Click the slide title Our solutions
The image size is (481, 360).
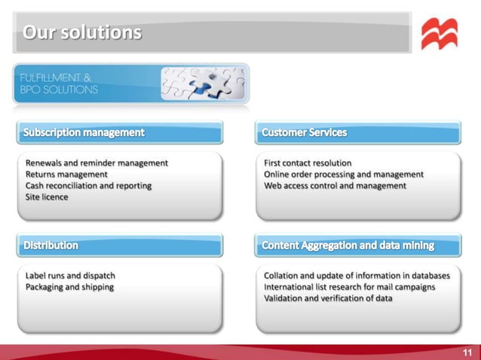click(x=82, y=33)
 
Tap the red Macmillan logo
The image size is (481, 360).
click(x=439, y=35)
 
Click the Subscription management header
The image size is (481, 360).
click(x=84, y=133)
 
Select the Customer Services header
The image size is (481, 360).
click(x=305, y=133)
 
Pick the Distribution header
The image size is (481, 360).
click(x=51, y=246)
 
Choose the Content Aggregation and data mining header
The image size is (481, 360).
click(x=348, y=246)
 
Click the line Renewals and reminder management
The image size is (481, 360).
click(x=97, y=163)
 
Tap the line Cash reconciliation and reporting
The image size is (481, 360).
click(x=88, y=185)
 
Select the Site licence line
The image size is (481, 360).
click(x=47, y=197)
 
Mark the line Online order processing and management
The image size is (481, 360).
click(x=343, y=174)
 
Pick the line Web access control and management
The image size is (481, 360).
click(x=335, y=185)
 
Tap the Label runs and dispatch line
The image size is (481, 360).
click(x=70, y=276)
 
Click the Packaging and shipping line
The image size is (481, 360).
click(x=69, y=287)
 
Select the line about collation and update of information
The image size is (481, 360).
click(x=357, y=276)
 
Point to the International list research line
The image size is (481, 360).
click(x=349, y=287)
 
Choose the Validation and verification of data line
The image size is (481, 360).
click(x=327, y=298)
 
